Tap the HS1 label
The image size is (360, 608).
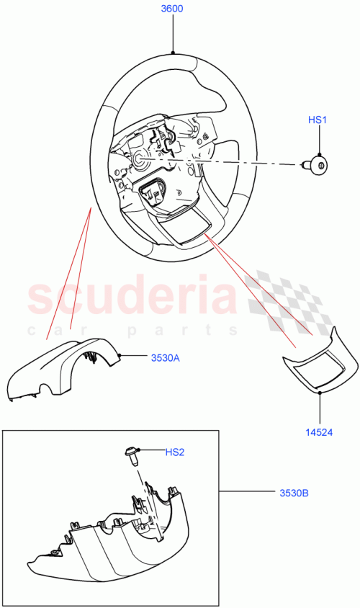(x=318, y=120)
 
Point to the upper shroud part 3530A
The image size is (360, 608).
(x=65, y=367)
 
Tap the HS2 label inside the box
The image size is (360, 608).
(x=176, y=452)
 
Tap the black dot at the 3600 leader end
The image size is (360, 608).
(x=173, y=53)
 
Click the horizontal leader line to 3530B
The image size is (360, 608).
(x=245, y=493)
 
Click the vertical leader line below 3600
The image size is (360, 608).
(x=173, y=32)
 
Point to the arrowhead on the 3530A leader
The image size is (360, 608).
(x=120, y=356)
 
